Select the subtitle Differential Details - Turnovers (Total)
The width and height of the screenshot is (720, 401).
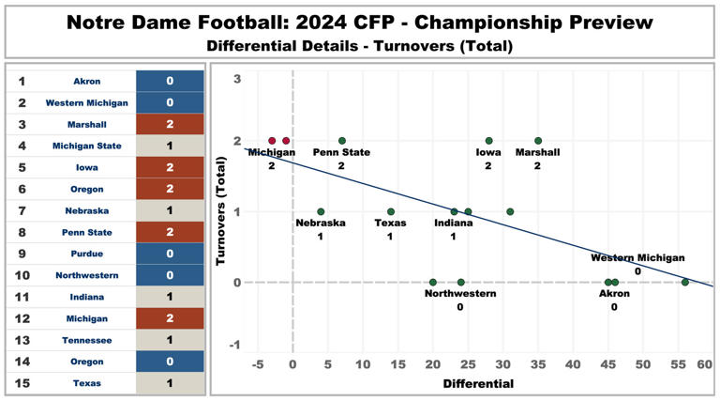point(360,45)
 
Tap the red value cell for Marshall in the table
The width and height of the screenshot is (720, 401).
point(170,124)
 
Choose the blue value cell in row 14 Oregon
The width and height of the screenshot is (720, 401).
point(170,362)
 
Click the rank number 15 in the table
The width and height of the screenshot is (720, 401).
point(22,383)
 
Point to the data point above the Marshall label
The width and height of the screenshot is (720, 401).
point(538,141)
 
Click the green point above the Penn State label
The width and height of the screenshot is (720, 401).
point(342,141)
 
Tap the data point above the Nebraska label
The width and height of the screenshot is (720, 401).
point(321,211)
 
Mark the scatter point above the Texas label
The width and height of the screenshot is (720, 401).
point(391,211)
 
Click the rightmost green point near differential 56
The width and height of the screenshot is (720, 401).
point(685,282)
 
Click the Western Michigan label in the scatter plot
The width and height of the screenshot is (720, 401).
point(637,257)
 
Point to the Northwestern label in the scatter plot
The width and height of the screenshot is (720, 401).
point(460,294)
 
